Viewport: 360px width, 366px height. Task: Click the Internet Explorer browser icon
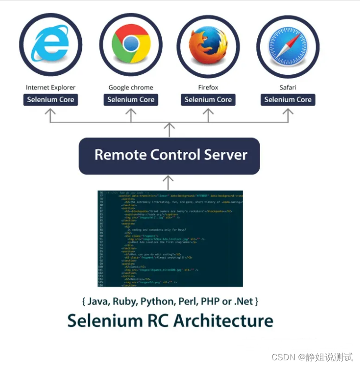(51, 46)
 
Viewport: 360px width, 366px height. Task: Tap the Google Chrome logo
(131, 45)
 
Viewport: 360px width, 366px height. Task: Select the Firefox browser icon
(208, 46)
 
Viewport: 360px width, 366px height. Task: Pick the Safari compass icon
(288, 46)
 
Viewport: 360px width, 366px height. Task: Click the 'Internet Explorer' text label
(51, 87)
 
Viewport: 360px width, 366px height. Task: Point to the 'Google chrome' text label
(131, 87)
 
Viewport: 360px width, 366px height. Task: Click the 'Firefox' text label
(208, 87)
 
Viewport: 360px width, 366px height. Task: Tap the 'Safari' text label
(288, 87)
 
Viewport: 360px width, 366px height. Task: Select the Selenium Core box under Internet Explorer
(51, 100)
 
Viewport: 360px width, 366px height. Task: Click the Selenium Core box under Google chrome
(131, 100)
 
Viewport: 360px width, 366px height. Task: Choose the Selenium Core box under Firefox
(208, 100)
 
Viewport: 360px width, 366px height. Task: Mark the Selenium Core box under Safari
(288, 100)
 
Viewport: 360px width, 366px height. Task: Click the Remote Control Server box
(169, 155)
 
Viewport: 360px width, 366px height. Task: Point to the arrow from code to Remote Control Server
(169, 182)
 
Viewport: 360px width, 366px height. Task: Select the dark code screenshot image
(170, 239)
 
